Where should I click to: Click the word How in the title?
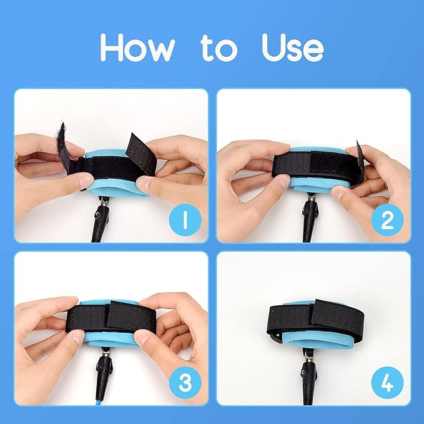(137, 47)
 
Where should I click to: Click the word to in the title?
(219, 48)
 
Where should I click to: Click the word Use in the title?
(293, 47)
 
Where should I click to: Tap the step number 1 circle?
(185, 220)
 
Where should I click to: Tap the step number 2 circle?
(387, 220)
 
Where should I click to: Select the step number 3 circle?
(185, 383)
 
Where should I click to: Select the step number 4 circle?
(387, 383)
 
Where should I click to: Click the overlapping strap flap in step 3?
(131, 315)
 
